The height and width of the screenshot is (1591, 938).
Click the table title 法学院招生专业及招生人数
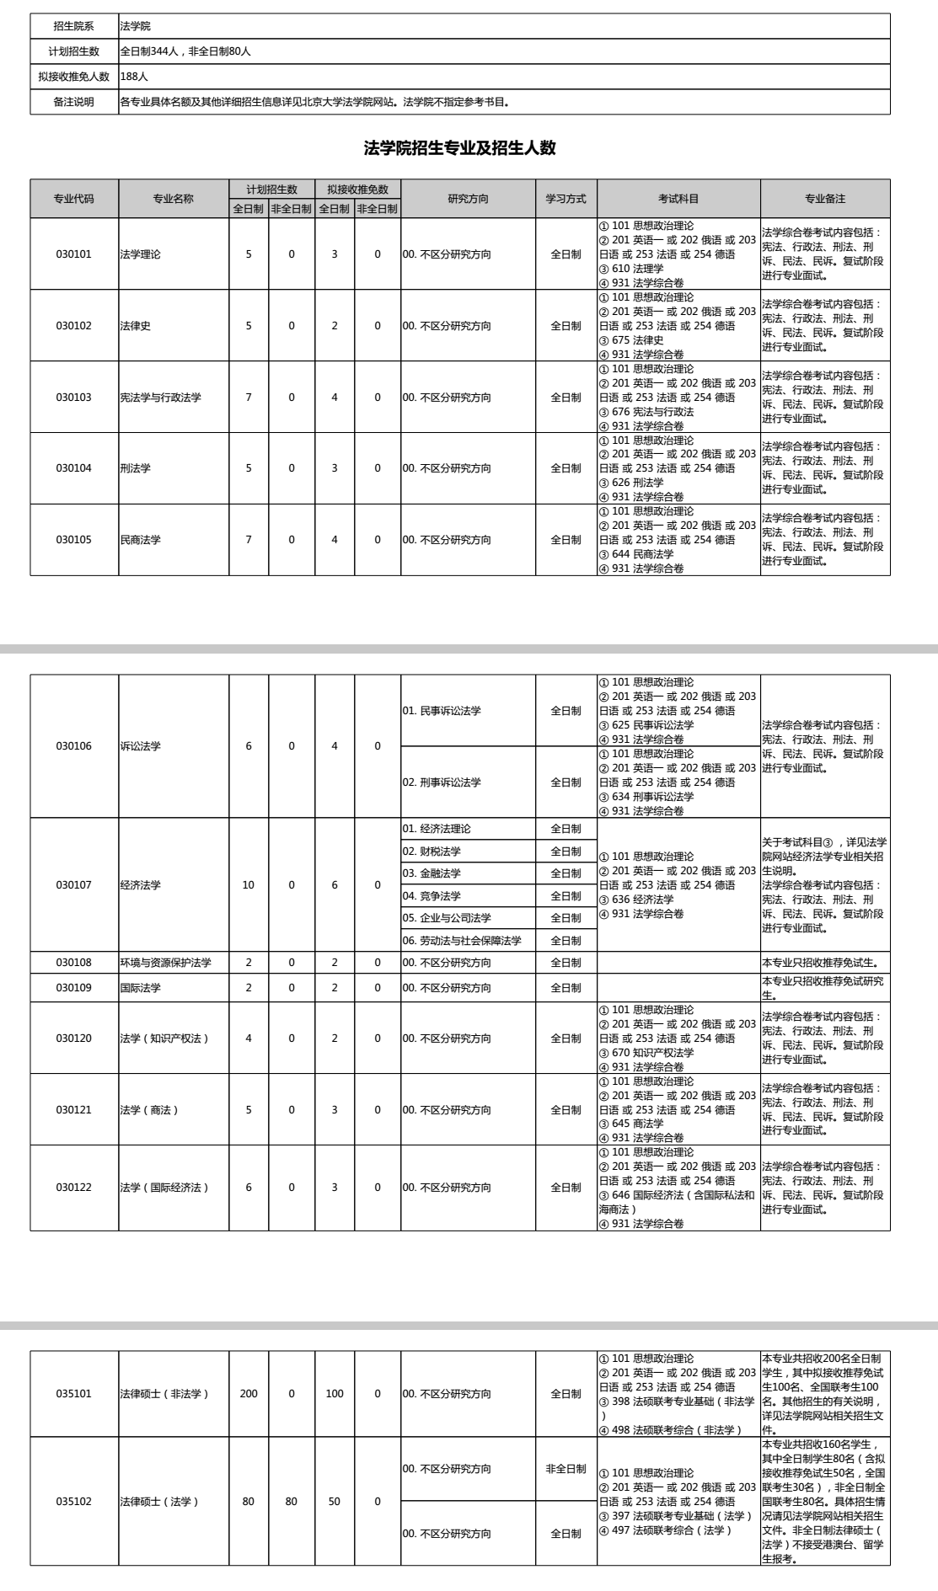pos(459,148)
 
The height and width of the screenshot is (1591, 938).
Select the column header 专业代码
pos(74,199)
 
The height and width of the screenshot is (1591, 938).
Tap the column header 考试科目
pos(678,199)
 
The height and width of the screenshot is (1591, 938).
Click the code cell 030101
pos(74,254)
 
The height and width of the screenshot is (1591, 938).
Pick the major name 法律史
pos(136,326)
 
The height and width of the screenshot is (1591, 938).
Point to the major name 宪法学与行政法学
pos(161,398)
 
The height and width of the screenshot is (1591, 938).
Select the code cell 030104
pos(74,468)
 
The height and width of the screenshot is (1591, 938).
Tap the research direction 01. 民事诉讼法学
pos(442,711)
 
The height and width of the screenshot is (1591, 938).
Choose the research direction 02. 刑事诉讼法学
pos(442,782)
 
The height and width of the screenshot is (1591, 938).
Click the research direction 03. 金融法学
pos(431,873)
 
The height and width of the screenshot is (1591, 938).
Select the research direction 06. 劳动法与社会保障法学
pos(462,941)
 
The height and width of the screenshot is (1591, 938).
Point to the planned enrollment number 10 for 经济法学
pos(249,885)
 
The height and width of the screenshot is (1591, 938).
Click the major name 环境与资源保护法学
pos(166,963)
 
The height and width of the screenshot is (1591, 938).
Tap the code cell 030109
pos(74,988)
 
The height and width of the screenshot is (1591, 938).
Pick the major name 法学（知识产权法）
pos(164,1038)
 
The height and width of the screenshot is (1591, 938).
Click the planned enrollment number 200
pos(249,1394)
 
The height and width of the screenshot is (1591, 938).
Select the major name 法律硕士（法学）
pos(159,1502)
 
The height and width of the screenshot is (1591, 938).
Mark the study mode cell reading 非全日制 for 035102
pos(565,1469)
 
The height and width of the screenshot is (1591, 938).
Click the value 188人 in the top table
pos(135,77)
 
